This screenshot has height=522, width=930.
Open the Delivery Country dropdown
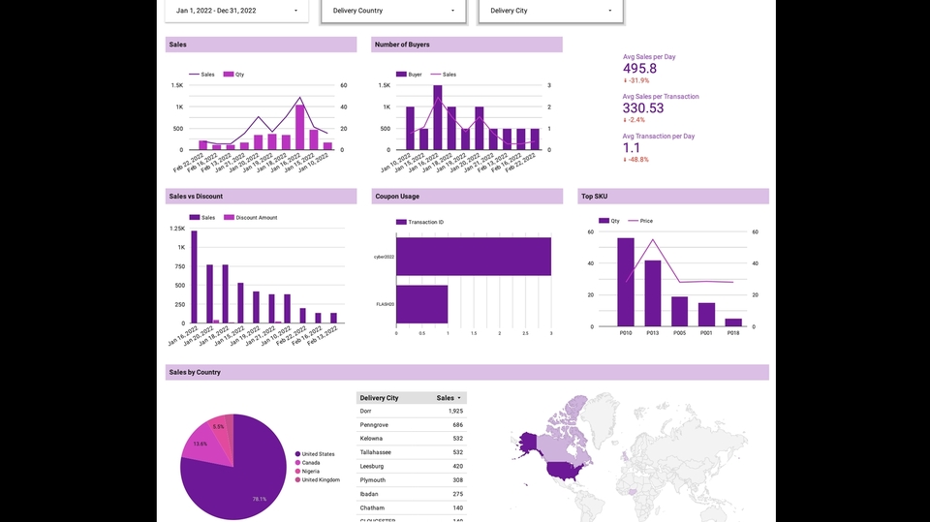(392, 11)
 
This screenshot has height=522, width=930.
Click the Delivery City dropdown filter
(550, 11)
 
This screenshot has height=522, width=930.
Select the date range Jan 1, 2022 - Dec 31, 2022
(236, 11)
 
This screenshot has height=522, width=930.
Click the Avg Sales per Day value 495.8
(639, 69)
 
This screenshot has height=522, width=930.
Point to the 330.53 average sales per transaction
(643, 108)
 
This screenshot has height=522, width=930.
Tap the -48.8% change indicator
(636, 159)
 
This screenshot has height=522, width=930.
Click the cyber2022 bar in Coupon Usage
(473, 257)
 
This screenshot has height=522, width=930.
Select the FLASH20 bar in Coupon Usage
(421, 304)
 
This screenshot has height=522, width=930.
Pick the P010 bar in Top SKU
(626, 282)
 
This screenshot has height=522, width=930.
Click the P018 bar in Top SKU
(733, 322)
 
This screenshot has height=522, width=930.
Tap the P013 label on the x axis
(653, 333)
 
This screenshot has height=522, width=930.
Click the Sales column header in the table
(446, 398)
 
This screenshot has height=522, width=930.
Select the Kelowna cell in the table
(373, 439)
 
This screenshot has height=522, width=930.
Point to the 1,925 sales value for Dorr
(455, 412)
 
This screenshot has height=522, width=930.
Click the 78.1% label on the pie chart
(259, 500)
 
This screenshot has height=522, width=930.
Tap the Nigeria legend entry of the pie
(312, 471)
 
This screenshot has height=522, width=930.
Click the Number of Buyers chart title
(402, 45)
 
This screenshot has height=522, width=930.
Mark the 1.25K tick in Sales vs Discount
(177, 229)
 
